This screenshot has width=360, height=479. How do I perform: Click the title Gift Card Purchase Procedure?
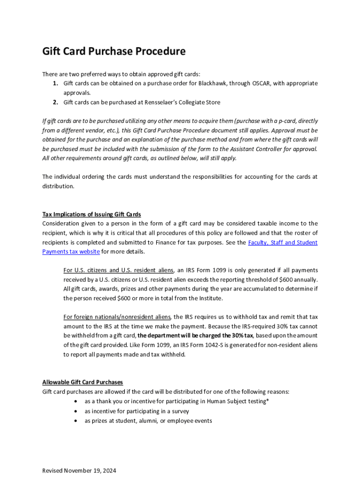114,51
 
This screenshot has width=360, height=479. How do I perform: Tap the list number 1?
55,83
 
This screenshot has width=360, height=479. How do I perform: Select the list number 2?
55,102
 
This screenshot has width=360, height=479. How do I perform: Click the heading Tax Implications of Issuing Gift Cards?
92,214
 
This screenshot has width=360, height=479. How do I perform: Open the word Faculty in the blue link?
259,242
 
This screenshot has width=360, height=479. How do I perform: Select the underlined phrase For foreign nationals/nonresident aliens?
117,317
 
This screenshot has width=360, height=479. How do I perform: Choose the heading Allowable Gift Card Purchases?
82,382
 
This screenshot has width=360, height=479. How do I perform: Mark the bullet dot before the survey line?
76,411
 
